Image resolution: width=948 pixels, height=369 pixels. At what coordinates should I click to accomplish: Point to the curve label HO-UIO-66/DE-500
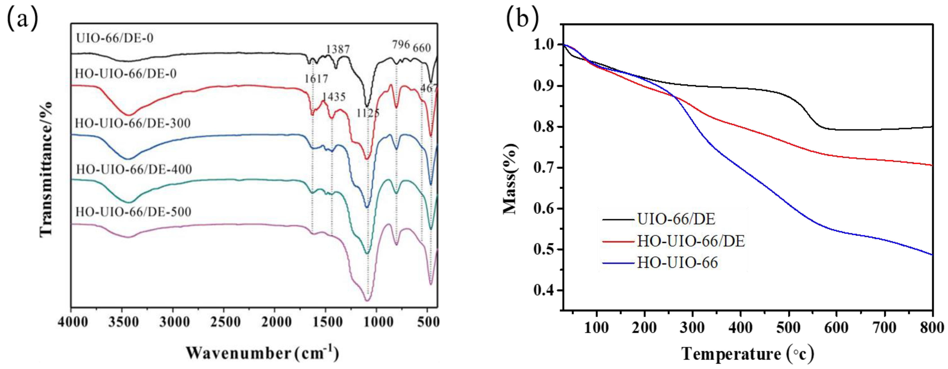click(x=133, y=212)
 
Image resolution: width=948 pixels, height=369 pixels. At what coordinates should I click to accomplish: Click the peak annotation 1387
click(x=338, y=49)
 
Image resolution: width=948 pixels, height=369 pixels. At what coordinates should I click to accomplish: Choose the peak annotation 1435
click(x=334, y=97)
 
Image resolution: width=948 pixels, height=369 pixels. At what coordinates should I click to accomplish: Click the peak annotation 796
click(x=400, y=45)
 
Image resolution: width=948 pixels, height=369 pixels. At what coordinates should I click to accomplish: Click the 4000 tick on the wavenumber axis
click(x=73, y=323)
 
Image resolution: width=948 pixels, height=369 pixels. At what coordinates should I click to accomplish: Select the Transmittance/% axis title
click(x=46, y=169)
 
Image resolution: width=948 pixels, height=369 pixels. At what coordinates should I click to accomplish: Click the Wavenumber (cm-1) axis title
click(x=262, y=353)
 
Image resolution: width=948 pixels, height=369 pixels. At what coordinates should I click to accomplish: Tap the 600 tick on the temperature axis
click(x=836, y=327)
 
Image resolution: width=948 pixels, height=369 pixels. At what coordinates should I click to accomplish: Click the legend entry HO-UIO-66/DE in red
click(x=691, y=241)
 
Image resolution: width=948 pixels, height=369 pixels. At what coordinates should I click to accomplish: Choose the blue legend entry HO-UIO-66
click(x=677, y=263)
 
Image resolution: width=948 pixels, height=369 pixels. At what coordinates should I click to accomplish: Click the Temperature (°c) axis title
click(x=747, y=354)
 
